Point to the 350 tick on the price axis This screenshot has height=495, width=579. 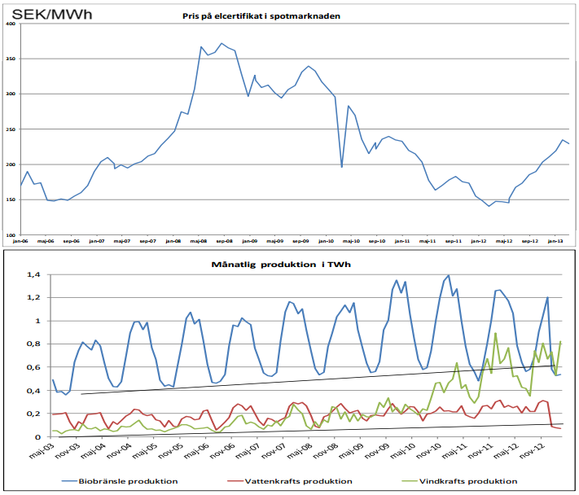(11, 59)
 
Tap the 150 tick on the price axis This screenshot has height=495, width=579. (11, 200)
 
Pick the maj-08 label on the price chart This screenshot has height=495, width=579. (198, 241)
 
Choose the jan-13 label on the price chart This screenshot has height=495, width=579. (555, 241)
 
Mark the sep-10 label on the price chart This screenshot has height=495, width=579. (376, 241)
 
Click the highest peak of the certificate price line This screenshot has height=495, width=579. (221, 43)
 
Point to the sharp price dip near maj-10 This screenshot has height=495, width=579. (342, 167)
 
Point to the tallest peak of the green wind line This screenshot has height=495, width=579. (496, 333)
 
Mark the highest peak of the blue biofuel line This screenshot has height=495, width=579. (449, 275)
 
